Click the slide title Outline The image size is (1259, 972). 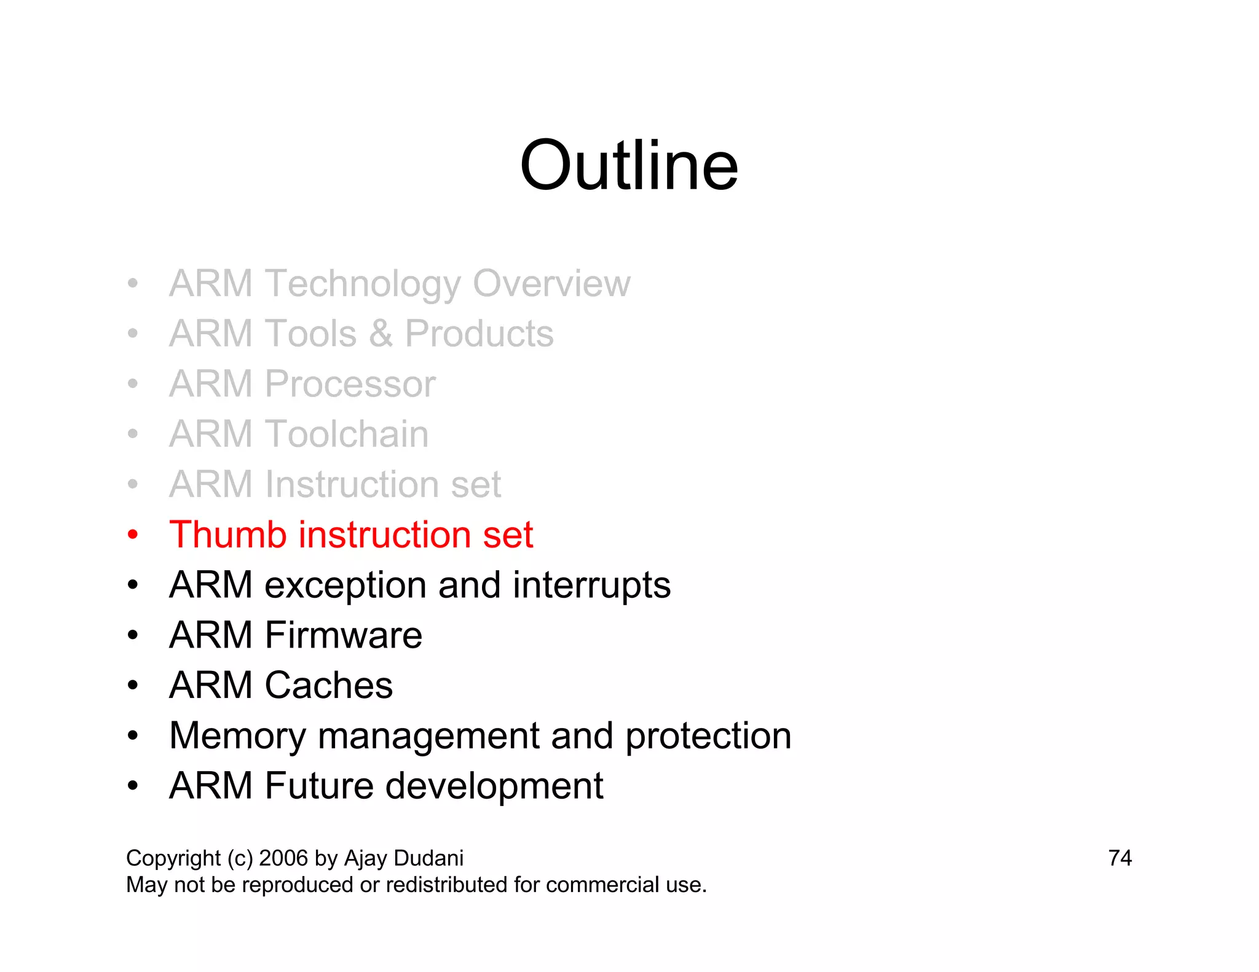[x=628, y=165]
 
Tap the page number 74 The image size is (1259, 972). [x=1119, y=858]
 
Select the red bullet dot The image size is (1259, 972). [x=133, y=535]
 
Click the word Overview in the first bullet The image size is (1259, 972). [x=551, y=283]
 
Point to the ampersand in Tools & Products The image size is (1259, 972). [x=381, y=334]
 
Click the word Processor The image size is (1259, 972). [x=350, y=384]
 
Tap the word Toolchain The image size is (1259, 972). [x=347, y=434]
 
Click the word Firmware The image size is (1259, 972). [x=343, y=635]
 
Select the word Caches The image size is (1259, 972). [x=328, y=685]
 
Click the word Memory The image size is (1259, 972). [x=237, y=736]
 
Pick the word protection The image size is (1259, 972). [x=708, y=736]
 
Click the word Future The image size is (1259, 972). [x=318, y=785]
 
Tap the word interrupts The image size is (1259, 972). [x=591, y=585]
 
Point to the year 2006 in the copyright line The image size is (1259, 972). [x=283, y=858]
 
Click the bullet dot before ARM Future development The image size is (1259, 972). [x=133, y=786]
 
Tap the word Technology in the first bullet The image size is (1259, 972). [x=363, y=283]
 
